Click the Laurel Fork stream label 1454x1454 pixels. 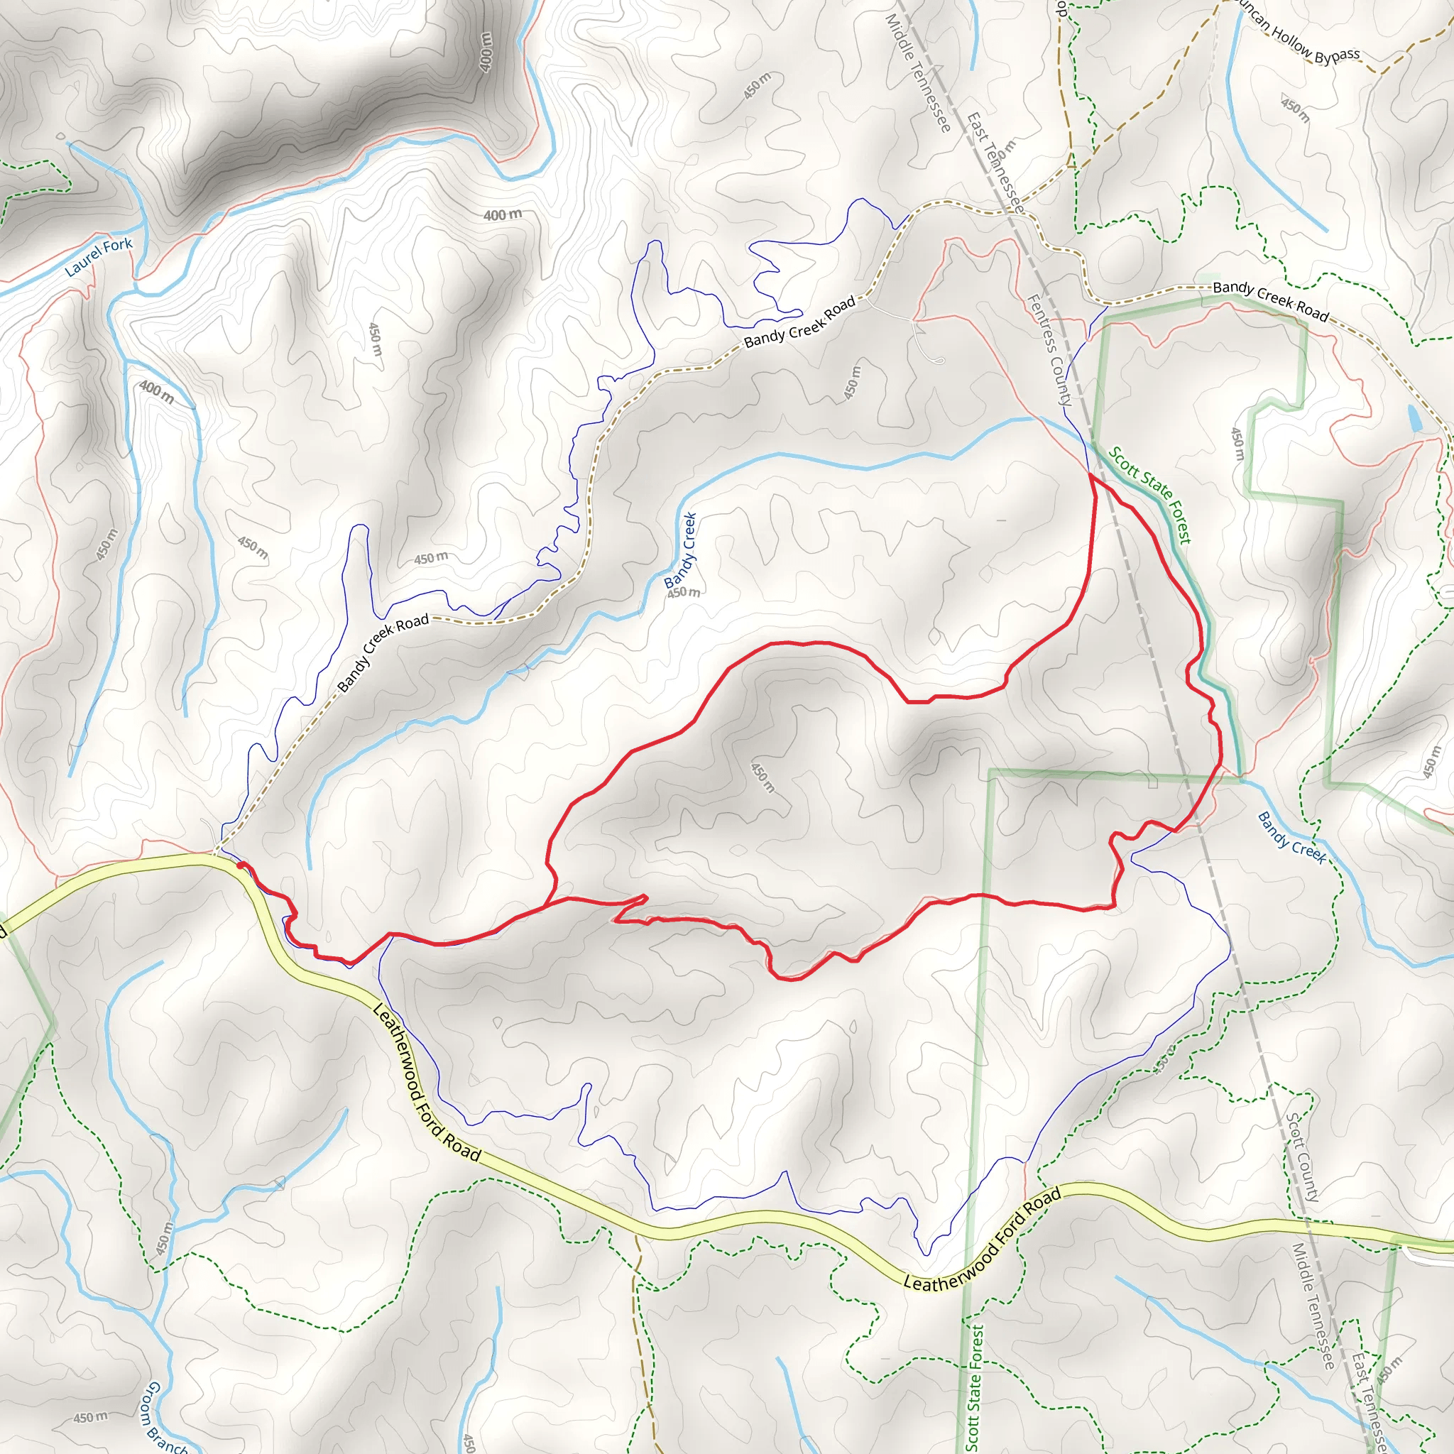[98, 256]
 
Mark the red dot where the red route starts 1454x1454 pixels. [239, 865]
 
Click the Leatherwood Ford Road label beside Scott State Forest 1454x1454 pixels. [982, 1240]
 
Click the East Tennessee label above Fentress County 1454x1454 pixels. [995, 162]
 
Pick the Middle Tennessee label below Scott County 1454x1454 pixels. [1314, 1305]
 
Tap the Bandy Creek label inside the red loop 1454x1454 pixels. [680, 550]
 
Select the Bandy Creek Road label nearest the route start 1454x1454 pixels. [383, 652]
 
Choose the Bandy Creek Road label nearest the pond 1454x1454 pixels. [1270, 301]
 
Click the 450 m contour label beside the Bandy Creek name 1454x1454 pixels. [684, 592]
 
